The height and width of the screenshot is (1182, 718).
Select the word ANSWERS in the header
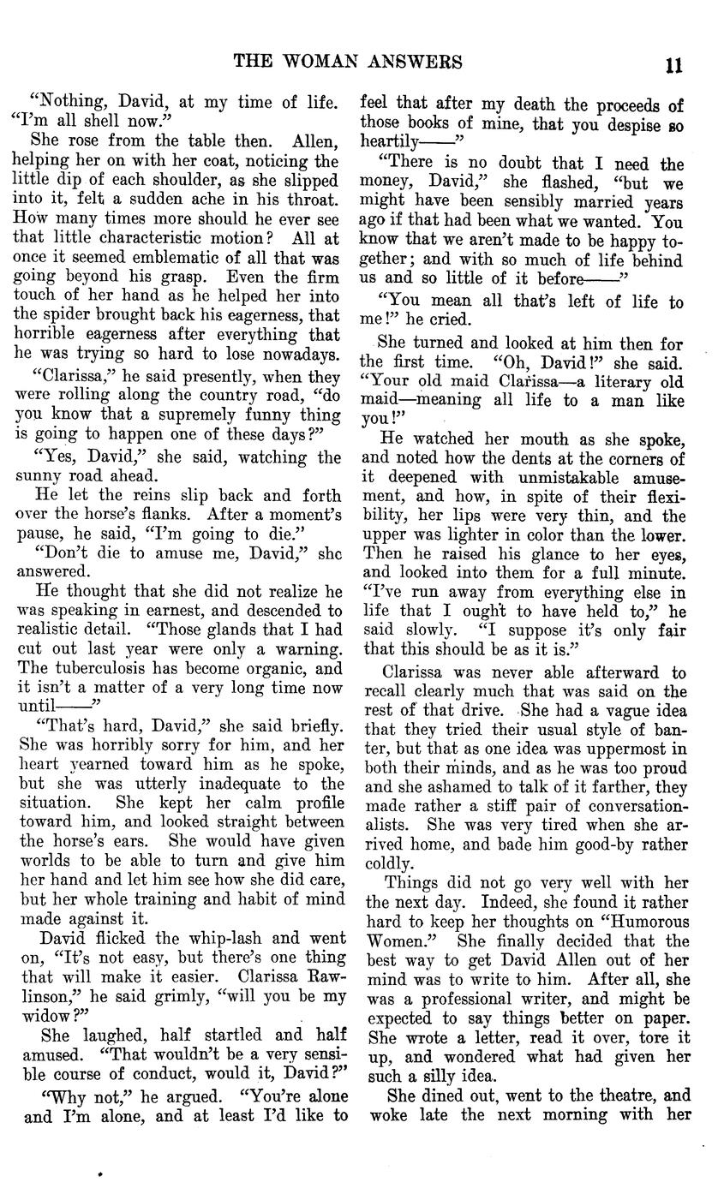[422, 63]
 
